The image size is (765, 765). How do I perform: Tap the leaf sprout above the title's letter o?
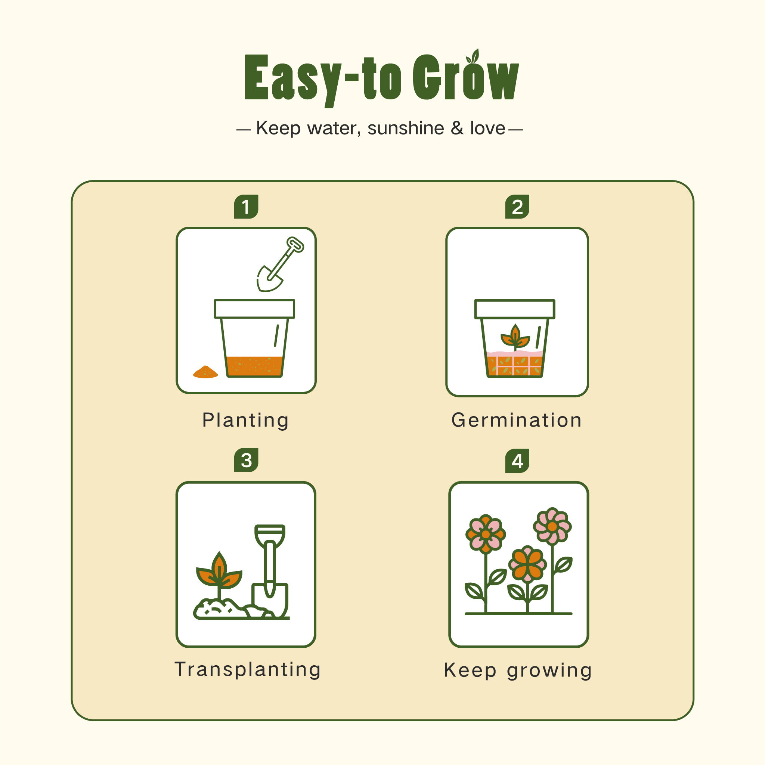(x=474, y=57)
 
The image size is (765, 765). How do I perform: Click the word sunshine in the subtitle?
(x=405, y=128)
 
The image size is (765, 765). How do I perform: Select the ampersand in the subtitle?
(x=457, y=128)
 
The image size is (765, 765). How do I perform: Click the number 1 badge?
(x=246, y=207)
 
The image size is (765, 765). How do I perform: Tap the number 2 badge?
(x=517, y=207)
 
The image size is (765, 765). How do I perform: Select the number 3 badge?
(x=246, y=460)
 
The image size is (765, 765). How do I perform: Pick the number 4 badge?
(x=517, y=461)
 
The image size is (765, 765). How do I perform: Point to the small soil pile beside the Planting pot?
(x=205, y=372)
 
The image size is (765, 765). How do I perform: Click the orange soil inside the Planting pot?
(x=255, y=366)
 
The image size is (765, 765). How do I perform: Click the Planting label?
(x=245, y=420)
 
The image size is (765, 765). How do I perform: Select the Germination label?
(x=517, y=420)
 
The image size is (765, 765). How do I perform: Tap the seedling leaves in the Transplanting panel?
(x=219, y=573)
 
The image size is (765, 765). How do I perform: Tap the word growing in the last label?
(x=549, y=671)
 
